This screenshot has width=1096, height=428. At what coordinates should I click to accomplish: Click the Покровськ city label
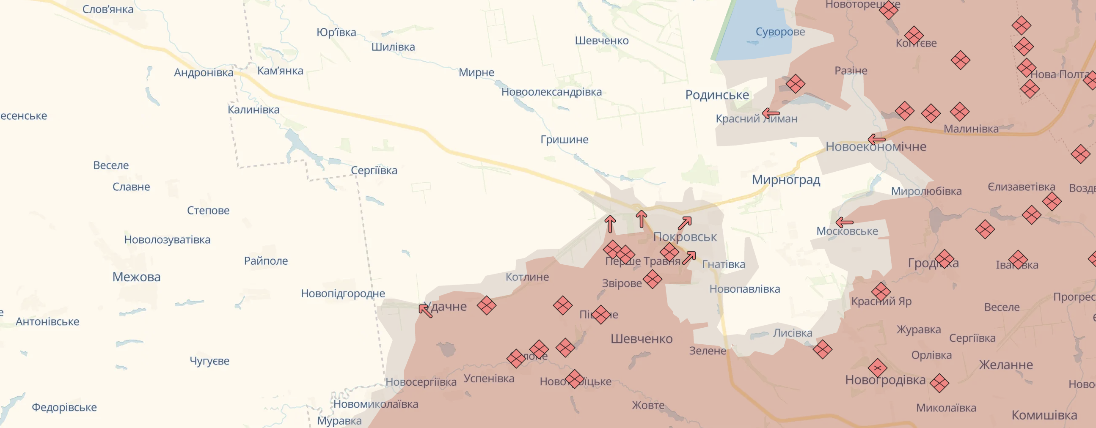pyautogui.click(x=685, y=237)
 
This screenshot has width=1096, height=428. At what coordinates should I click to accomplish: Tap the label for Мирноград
pyautogui.click(x=786, y=179)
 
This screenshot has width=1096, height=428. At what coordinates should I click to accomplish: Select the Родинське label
pyautogui.click(x=717, y=95)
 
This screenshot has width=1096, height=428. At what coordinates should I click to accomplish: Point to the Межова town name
pyautogui.click(x=136, y=277)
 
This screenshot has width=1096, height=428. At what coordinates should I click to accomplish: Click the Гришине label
pyautogui.click(x=564, y=140)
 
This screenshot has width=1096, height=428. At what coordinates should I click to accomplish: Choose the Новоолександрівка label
pyautogui.click(x=551, y=92)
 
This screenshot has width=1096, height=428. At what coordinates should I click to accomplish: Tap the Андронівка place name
pyautogui.click(x=204, y=73)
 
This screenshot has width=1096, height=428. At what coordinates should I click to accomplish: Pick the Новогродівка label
pyautogui.click(x=885, y=379)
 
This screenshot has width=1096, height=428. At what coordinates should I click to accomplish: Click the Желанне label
pyautogui.click(x=1006, y=365)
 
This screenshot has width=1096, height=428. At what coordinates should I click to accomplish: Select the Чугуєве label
pyautogui.click(x=209, y=361)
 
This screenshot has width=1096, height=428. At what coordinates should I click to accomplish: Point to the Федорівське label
pyautogui.click(x=64, y=407)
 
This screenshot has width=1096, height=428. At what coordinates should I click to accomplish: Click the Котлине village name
pyautogui.click(x=527, y=277)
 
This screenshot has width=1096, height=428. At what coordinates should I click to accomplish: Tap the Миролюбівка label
pyautogui.click(x=926, y=191)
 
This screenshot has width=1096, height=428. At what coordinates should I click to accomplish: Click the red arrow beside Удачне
pyautogui.click(x=425, y=310)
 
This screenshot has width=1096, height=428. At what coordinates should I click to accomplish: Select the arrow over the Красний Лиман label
pyautogui.click(x=771, y=113)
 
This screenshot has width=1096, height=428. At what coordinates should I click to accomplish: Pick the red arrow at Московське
pyautogui.click(x=844, y=222)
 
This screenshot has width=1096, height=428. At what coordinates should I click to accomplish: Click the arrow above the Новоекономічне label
pyautogui.click(x=876, y=140)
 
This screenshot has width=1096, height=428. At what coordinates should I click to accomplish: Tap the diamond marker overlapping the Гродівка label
pyautogui.click(x=945, y=259)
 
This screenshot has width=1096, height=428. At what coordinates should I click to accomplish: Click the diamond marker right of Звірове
pyautogui.click(x=652, y=279)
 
